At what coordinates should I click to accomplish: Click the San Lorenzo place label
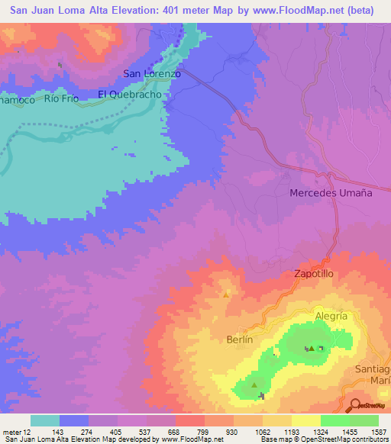tap(152, 74)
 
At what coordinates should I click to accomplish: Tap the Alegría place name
tap(331, 316)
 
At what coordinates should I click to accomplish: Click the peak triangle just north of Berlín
tap(226, 294)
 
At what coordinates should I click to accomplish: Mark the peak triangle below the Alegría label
tap(312, 349)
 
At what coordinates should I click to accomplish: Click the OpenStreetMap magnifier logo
tap(354, 404)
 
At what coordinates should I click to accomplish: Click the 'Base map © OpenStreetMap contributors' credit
tap(325, 439)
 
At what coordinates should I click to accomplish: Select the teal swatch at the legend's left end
tap(45, 420)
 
